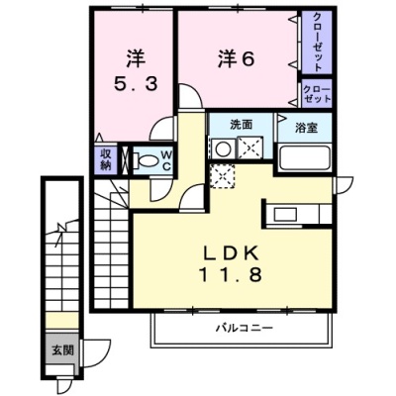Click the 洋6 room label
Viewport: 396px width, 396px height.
tap(236, 59)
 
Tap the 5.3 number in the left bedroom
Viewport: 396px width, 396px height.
tap(136, 84)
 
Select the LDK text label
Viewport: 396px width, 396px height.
tap(231, 253)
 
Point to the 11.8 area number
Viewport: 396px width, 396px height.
tap(231, 275)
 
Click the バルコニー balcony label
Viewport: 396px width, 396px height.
tap(245, 328)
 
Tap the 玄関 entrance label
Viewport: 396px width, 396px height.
tap(62, 350)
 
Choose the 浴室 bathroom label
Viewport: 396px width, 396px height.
tap(306, 128)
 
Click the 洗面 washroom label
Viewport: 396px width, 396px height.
tap(242, 125)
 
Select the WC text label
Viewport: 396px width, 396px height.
tap(167, 160)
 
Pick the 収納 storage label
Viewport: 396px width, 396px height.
tap(105, 159)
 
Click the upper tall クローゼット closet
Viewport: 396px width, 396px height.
tap(317, 42)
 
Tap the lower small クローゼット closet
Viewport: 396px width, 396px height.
tap(317, 94)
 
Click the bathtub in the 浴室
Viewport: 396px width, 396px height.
tap(304, 157)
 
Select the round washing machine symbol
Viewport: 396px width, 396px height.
tap(224, 148)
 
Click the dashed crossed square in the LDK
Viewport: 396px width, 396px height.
tap(223, 177)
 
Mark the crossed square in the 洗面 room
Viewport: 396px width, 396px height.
tap(249, 148)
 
